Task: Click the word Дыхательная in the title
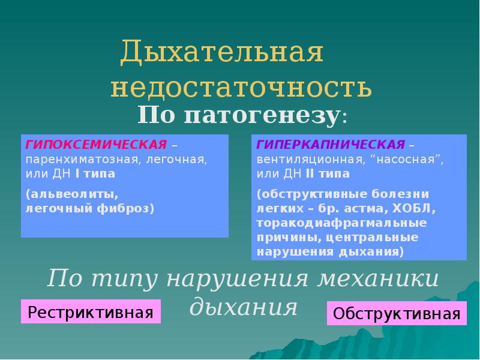click(x=222, y=53)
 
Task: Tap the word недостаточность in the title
click(x=241, y=88)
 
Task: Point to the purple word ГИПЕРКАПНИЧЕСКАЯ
click(x=331, y=146)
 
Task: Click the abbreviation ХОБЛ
click(x=417, y=209)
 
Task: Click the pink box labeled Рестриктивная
click(x=91, y=312)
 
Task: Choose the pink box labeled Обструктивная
click(x=397, y=313)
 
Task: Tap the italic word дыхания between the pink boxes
click(x=244, y=307)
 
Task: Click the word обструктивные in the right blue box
click(x=313, y=195)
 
